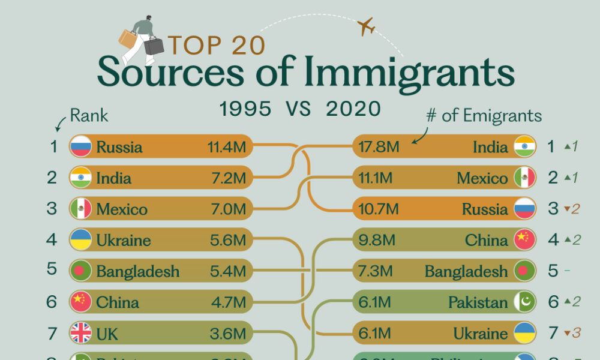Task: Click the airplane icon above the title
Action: pos(365,27)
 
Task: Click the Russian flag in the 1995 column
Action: pos(80,146)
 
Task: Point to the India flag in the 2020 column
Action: pos(524,146)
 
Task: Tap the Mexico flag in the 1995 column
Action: pos(80,209)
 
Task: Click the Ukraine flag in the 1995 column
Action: pos(80,240)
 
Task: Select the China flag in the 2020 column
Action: pos(524,240)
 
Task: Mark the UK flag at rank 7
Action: pos(80,333)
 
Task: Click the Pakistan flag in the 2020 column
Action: pos(524,302)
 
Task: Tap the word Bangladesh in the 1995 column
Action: pos(137,271)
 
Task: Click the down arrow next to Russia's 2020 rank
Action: pos(565,210)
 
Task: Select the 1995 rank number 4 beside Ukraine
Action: pos(52,240)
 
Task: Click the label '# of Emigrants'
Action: pos(484,116)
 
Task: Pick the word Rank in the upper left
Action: pos(89,115)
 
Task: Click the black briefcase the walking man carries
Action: pos(154,45)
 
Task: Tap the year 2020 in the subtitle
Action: pos(353,109)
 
